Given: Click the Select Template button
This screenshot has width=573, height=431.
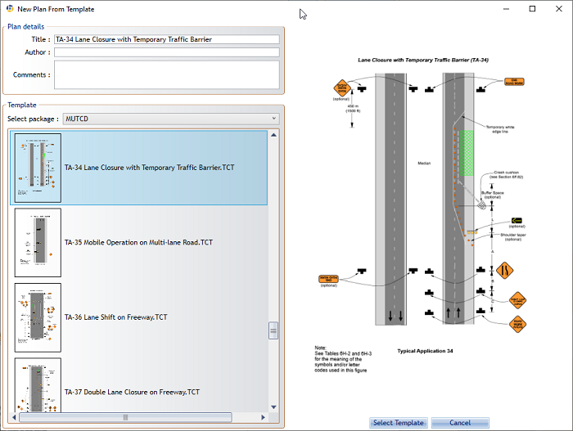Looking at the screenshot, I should (399, 423).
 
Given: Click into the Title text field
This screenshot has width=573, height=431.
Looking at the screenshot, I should (166, 39).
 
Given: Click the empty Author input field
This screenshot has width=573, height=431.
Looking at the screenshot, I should (166, 52).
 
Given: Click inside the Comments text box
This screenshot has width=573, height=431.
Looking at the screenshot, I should (166, 74).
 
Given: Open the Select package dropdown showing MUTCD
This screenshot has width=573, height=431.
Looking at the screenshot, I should (170, 119).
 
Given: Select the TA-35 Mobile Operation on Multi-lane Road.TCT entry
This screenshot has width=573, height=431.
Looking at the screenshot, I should (138, 242).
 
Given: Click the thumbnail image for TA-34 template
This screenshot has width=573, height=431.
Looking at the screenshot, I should (38, 168).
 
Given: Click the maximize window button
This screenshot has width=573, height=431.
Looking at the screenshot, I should (532, 9).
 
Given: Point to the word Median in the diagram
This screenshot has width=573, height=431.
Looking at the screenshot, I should (423, 163).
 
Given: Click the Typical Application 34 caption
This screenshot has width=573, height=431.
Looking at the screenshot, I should (425, 351).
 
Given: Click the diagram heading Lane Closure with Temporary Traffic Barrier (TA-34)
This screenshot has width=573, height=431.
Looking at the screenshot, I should (423, 61).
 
